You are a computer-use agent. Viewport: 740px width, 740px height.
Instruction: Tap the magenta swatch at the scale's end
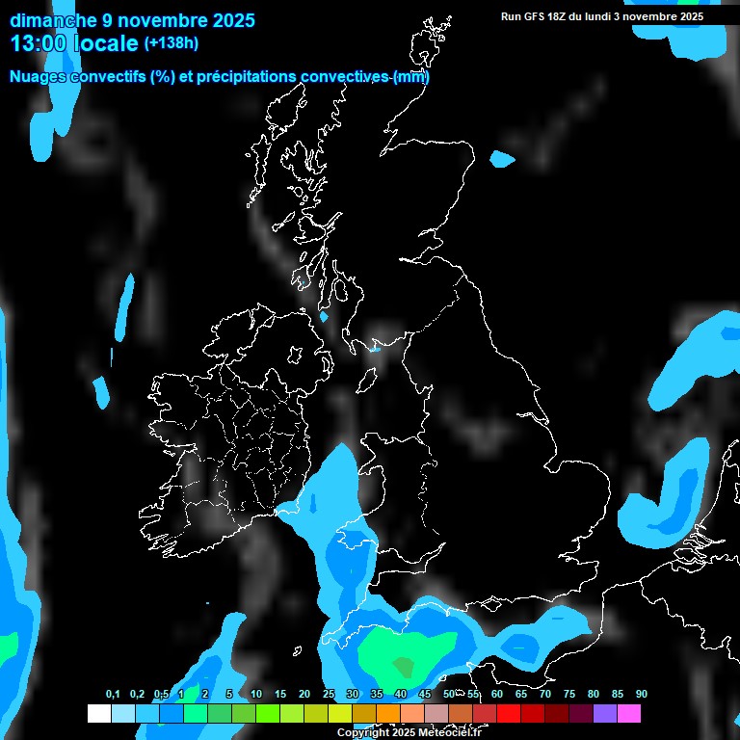pos(629,713)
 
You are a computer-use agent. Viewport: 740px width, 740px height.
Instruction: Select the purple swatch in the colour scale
pos(605,713)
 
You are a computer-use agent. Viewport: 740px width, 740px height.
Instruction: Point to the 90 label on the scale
pos(641,694)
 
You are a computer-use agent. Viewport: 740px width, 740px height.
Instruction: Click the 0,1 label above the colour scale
pos(113,694)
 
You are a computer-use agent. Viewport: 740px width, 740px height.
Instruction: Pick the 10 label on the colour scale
pos(256,694)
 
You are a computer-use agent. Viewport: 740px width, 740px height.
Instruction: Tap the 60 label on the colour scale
pos(496,694)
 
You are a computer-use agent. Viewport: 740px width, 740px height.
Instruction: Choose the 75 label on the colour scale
pos(568,694)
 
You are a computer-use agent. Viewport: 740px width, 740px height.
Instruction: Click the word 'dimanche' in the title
pos(52,20)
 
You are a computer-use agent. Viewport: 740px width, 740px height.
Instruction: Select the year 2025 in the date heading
pos(228,20)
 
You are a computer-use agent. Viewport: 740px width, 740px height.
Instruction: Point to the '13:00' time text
pos(40,43)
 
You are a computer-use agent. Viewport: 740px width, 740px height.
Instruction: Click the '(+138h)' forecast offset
pos(171,43)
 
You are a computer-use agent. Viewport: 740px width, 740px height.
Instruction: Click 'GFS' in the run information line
pos(539,16)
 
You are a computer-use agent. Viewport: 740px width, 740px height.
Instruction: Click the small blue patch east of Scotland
pos(502,158)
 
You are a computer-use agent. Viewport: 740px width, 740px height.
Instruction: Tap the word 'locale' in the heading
pos(106,43)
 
